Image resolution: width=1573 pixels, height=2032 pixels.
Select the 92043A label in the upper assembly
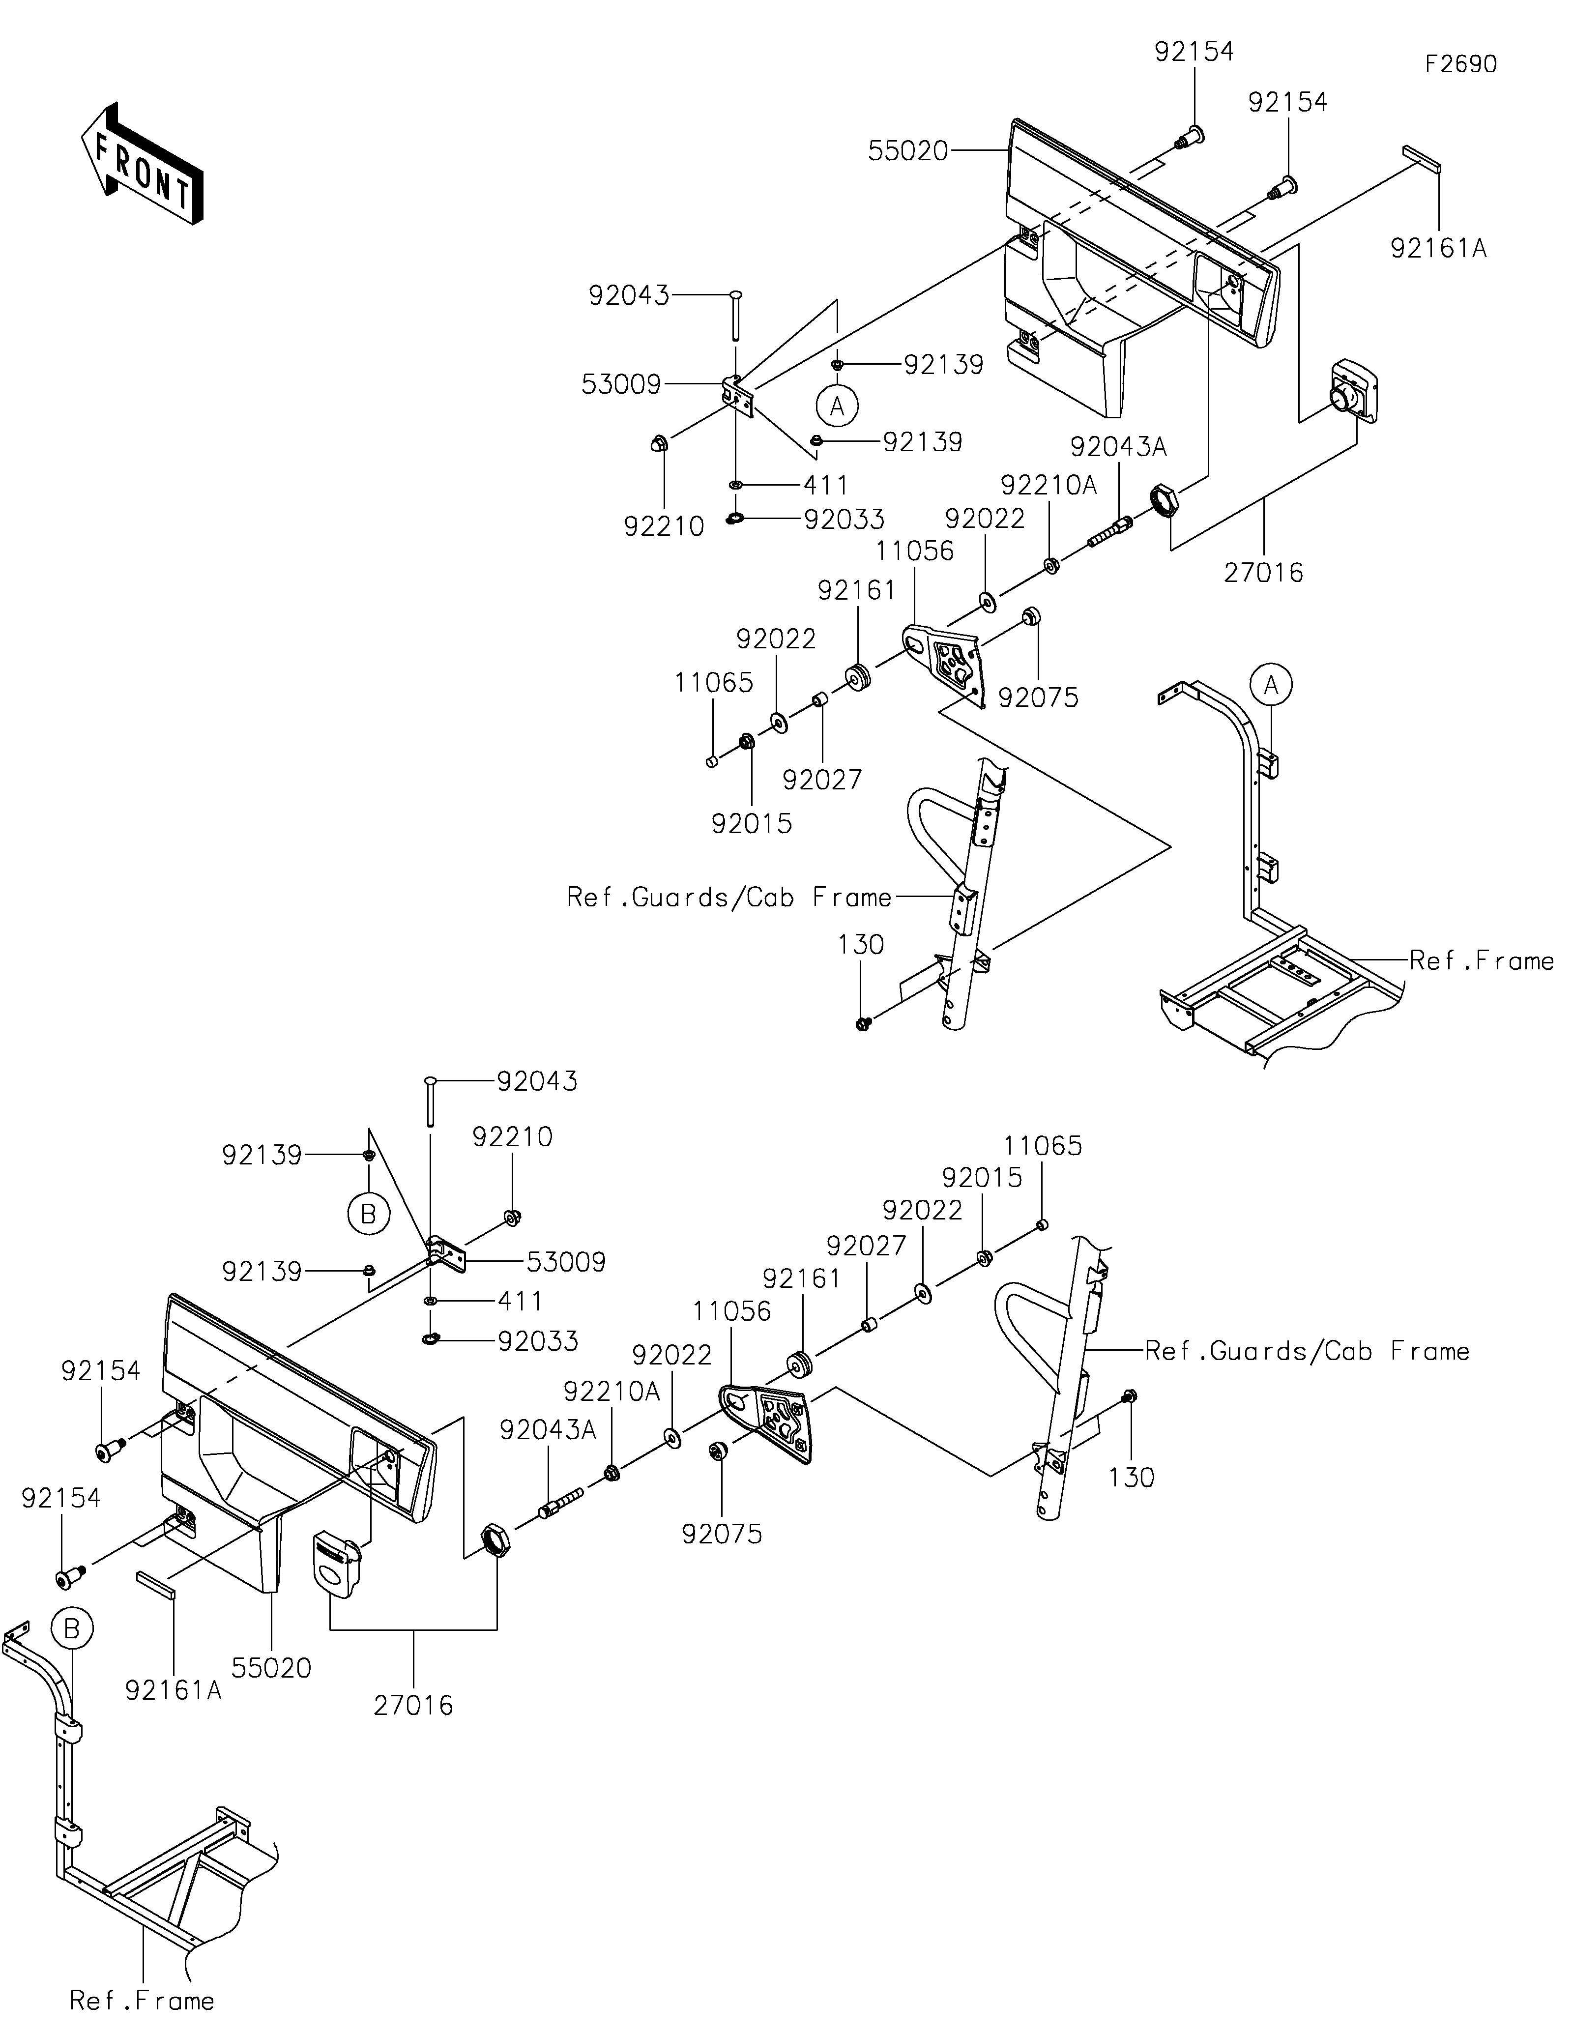pos(1118,447)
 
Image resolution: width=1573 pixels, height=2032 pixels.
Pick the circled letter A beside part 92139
pos(837,406)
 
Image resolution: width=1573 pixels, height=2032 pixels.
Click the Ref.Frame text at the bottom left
pos(143,2001)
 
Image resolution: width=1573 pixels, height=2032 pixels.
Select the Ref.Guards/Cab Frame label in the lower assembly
pos(1307,1351)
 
